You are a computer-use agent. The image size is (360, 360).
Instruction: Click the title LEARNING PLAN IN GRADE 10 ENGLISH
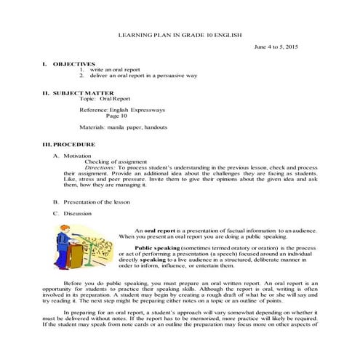tap(180, 35)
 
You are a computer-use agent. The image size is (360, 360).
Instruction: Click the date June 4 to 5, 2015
tap(276, 47)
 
